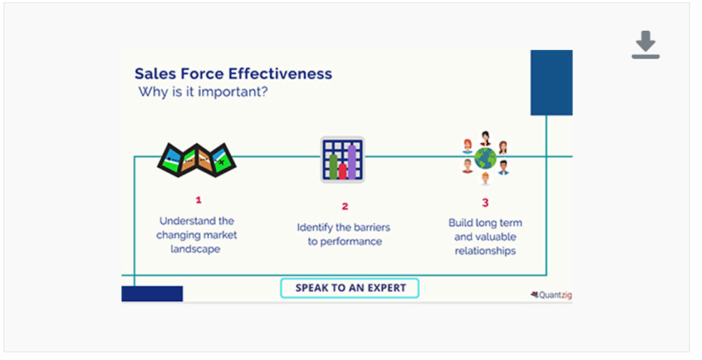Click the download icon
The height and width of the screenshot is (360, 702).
645,45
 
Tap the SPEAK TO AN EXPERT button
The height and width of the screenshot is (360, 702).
350,288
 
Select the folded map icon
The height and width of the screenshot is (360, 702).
197,159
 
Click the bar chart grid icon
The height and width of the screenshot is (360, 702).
342,160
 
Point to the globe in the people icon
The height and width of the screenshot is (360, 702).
485,159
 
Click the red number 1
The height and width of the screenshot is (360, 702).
199,200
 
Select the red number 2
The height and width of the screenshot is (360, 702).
345,206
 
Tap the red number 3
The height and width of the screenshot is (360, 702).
485,202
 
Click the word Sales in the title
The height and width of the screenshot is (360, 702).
155,74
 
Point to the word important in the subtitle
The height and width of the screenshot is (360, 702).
226,92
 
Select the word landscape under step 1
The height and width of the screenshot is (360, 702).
197,249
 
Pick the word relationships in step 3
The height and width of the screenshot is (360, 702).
485,251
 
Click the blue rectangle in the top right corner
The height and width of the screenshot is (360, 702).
551,82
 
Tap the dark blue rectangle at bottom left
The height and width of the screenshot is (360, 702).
152,293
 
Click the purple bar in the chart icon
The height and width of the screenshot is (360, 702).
352,163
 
